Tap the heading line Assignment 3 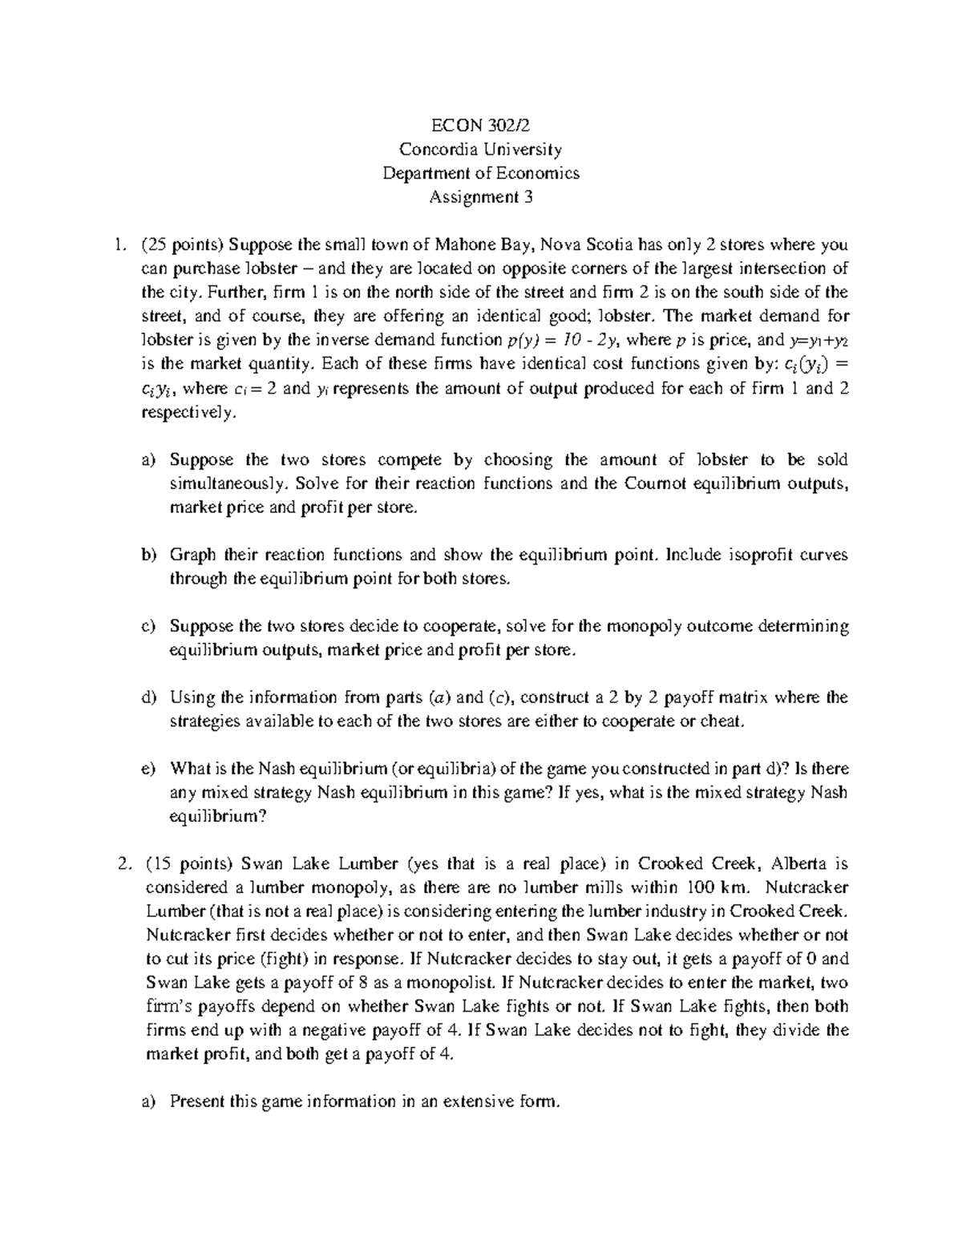point(480,196)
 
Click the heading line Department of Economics point(480,172)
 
